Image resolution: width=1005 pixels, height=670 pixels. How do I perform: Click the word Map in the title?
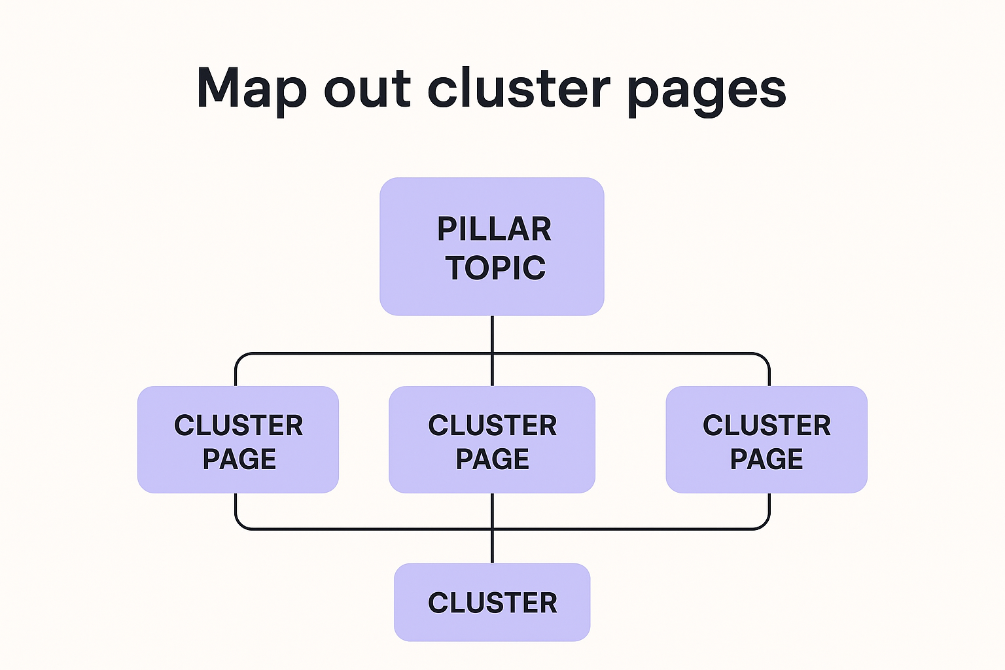(x=251, y=89)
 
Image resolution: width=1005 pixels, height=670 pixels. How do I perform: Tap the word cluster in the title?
(x=518, y=89)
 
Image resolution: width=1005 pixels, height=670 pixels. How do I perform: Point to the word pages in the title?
(x=707, y=92)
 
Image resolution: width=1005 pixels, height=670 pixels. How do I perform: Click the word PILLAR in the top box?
(x=494, y=229)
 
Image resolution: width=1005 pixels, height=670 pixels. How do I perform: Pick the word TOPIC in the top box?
(x=495, y=268)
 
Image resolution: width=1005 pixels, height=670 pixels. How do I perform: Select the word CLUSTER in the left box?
(x=239, y=425)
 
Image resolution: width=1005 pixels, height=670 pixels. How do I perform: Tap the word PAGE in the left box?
(x=239, y=459)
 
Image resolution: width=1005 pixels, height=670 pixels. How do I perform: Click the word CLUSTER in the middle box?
(x=493, y=425)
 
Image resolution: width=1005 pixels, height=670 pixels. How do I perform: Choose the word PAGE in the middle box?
(x=493, y=459)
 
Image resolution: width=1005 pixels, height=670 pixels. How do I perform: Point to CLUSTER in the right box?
(x=767, y=425)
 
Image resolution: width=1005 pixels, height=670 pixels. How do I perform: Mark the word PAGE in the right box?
(x=767, y=459)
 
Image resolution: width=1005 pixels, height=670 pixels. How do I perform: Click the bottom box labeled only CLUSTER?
(x=492, y=603)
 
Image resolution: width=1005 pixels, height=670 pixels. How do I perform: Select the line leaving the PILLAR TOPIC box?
(x=492, y=334)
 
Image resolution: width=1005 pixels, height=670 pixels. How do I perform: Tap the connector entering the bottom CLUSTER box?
(x=492, y=547)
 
